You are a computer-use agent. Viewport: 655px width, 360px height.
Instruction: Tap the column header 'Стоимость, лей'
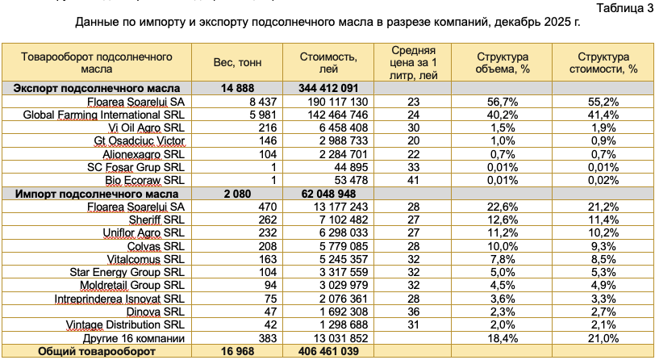pyautogui.click(x=328, y=63)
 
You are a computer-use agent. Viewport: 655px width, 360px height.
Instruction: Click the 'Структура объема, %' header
pyautogui.click(x=502, y=63)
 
